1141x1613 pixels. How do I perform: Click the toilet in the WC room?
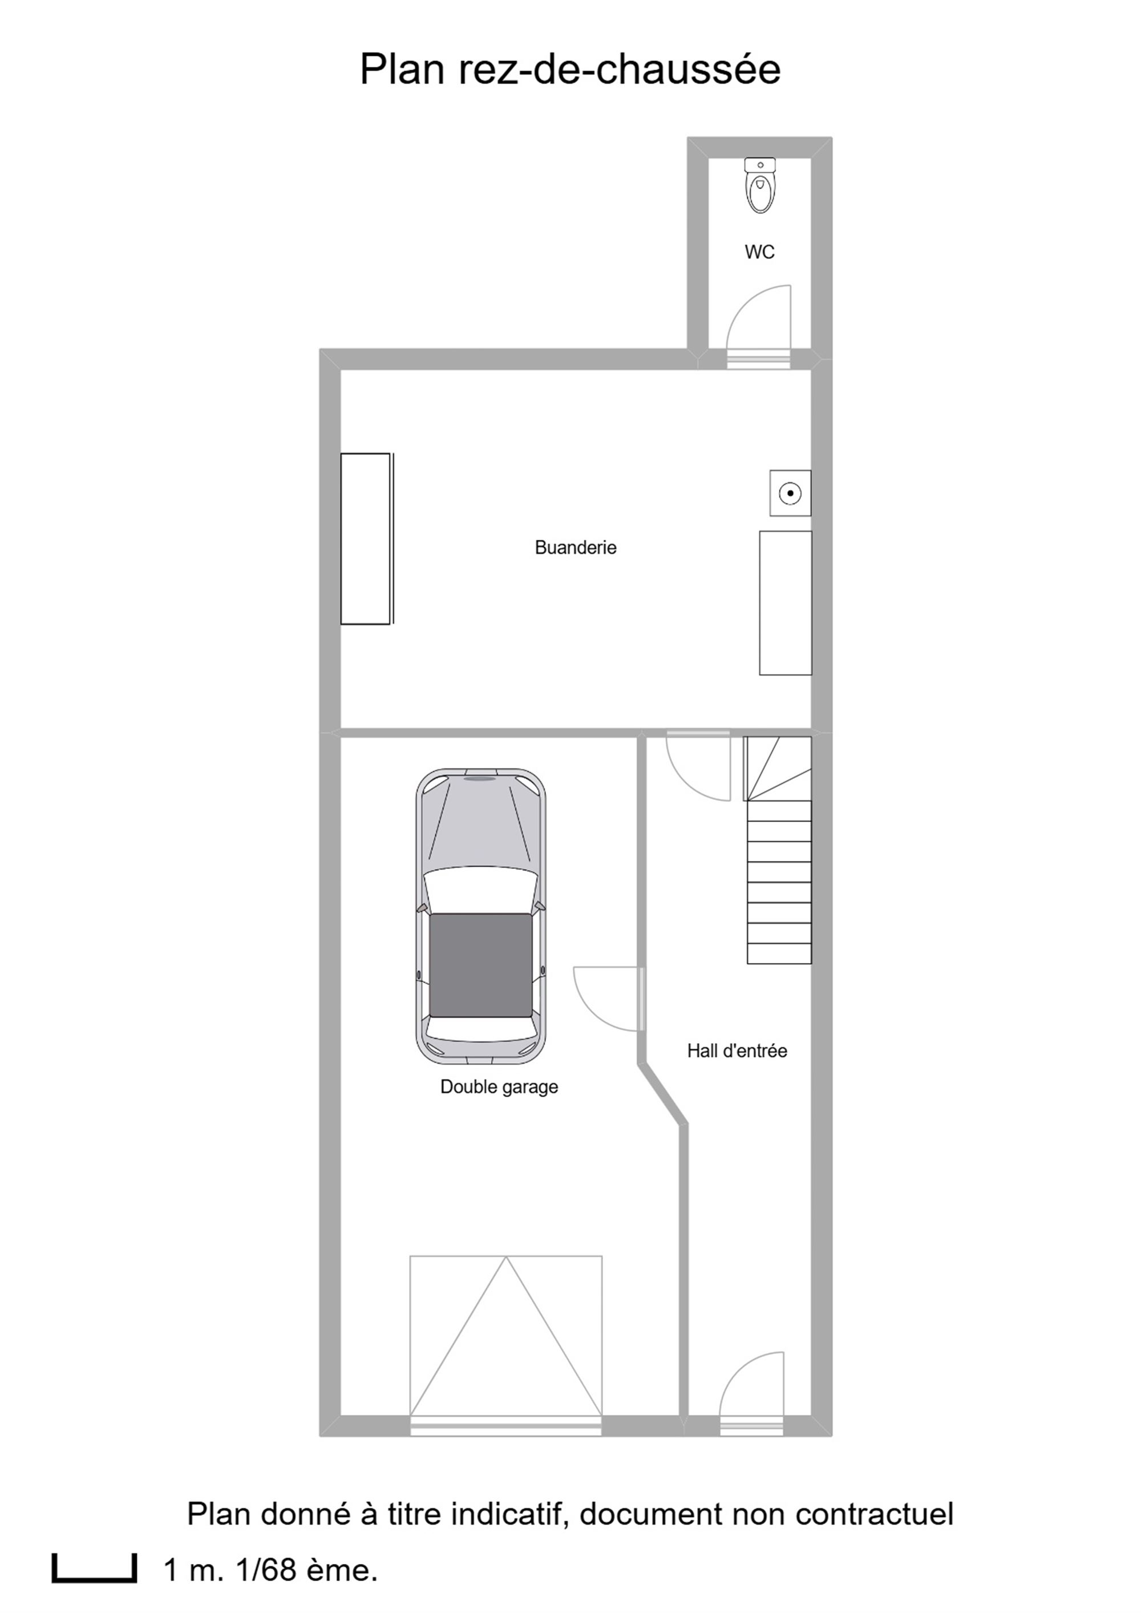[x=760, y=185]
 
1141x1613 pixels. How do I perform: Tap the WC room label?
[x=759, y=252]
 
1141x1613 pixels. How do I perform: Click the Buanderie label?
[x=576, y=547]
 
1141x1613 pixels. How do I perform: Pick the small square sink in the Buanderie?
[x=790, y=493]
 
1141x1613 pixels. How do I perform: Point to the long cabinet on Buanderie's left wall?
[x=366, y=539]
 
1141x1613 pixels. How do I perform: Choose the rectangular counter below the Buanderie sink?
[x=786, y=603]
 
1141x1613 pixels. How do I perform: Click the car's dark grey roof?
[x=480, y=965]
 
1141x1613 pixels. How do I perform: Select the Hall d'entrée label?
[x=737, y=1051]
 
